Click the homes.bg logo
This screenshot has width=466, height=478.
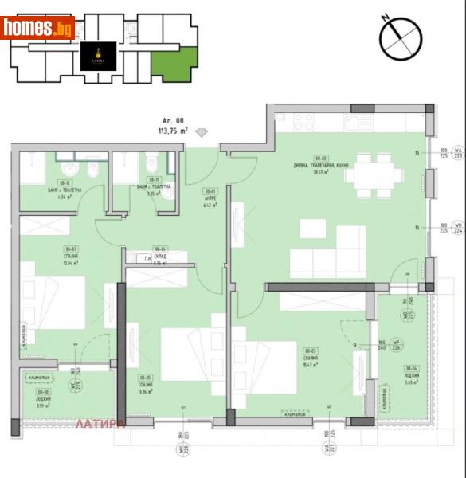click(38, 29)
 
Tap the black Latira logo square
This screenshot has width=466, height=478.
click(99, 57)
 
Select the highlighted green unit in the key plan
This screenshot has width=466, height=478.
click(174, 64)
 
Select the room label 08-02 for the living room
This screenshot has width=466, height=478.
click(322, 158)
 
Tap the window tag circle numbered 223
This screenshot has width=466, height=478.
click(457, 154)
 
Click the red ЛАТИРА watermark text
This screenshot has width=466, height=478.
click(100, 424)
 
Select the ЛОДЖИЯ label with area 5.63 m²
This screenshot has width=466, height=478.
click(412, 374)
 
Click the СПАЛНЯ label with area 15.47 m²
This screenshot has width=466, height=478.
click(310, 356)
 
